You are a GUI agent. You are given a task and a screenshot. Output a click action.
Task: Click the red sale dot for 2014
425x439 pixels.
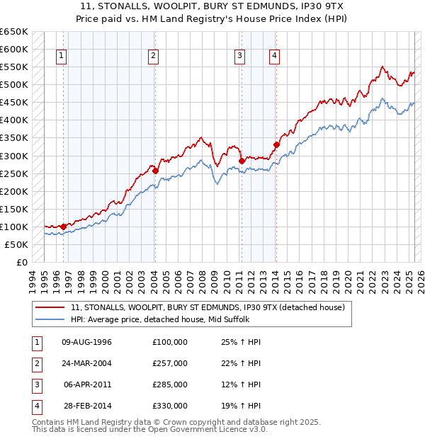coord(276,144)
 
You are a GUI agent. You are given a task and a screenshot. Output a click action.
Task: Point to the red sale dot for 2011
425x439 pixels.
coord(242,161)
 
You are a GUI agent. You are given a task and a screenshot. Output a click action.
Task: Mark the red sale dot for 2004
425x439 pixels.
coord(155,171)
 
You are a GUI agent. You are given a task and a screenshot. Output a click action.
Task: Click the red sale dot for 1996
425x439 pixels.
coord(64,227)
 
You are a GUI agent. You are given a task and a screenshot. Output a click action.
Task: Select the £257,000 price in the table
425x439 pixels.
coord(169,363)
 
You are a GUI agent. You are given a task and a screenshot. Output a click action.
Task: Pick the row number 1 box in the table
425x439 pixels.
coord(36,342)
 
